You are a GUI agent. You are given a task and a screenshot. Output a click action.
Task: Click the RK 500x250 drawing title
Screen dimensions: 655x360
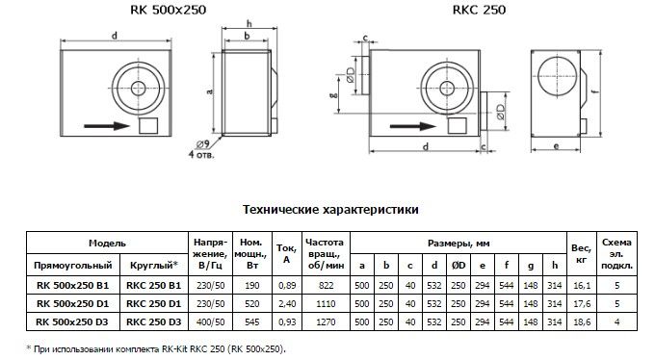tap(168, 10)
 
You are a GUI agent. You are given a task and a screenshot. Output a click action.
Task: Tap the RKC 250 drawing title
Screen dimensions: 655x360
tap(479, 10)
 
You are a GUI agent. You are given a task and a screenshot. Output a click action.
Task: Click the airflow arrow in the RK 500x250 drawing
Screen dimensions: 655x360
tap(107, 126)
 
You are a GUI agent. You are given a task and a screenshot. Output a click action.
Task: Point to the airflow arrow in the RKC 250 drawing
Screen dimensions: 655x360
tap(412, 126)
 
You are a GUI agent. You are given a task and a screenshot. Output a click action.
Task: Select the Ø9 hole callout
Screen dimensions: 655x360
tap(202, 144)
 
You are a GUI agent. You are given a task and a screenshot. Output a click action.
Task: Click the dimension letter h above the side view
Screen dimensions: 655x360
tap(249, 23)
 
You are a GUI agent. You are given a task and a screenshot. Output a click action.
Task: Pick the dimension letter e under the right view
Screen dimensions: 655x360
tap(556, 146)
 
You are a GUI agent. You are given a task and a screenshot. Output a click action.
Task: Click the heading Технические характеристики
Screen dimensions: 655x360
tap(330, 209)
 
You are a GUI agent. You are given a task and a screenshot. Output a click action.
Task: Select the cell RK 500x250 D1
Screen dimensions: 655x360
tap(72, 303)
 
